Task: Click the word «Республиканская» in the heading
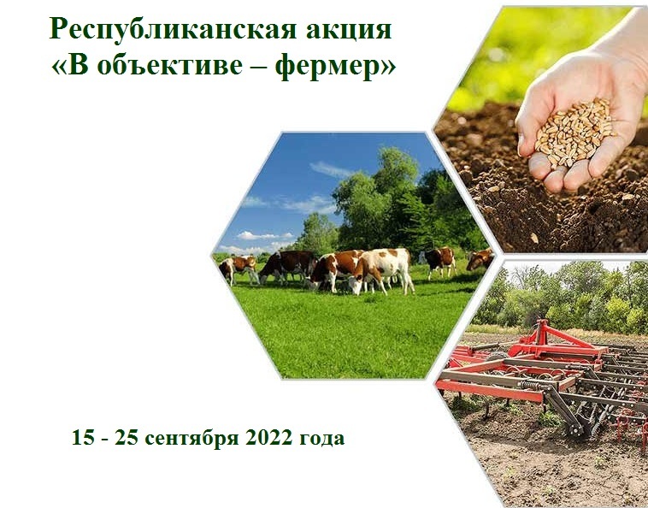[x=173, y=31]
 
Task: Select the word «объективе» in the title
[x=170, y=65]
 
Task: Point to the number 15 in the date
[x=84, y=438]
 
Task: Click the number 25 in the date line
[x=127, y=438]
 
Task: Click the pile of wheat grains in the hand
[x=574, y=132]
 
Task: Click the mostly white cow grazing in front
[x=381, y=269]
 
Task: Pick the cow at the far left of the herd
[x=237, y=268]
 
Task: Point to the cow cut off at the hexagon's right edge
[x=480, y=259]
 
